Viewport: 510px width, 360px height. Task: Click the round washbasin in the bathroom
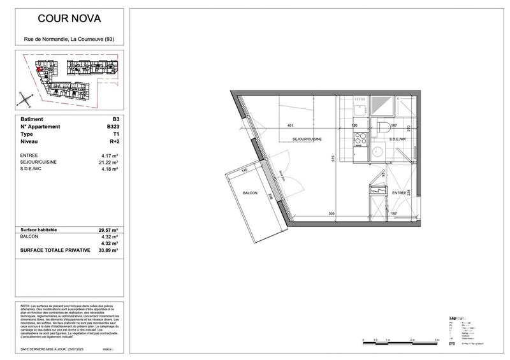click(377, 152)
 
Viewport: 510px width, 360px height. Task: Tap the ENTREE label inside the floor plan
click(399, 192)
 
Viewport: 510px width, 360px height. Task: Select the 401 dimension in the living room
click(291, 126)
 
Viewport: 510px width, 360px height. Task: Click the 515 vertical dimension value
click(332, 159)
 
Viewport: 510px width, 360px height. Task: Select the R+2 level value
click(114, 143)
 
